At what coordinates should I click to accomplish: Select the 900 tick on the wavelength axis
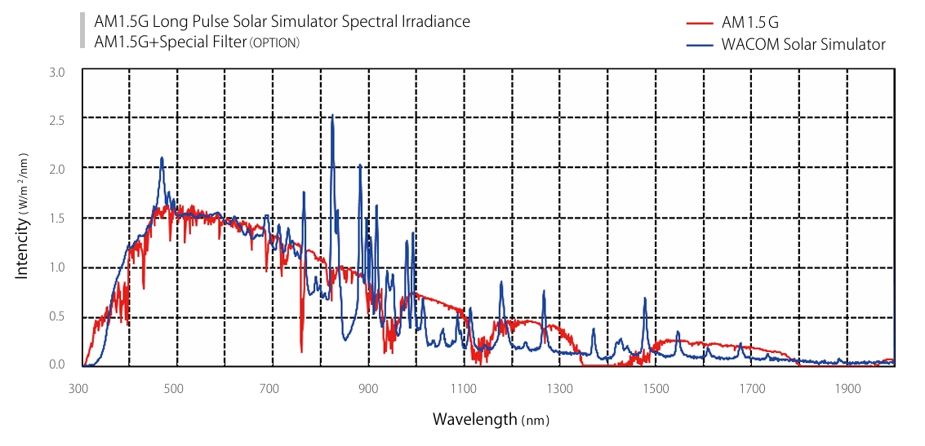tap(368, 388)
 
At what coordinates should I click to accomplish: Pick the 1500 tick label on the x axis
tap(656, 388)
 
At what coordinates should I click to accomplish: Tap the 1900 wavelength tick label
tap(848, 388)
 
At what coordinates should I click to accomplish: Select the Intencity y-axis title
tap(22, 216)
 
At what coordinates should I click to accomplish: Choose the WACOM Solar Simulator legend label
tap(803, 45)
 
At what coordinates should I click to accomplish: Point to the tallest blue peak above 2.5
tap(332, 116)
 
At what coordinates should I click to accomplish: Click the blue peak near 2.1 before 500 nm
tap(162, 158)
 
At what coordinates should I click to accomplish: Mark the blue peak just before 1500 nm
tap(645, 298)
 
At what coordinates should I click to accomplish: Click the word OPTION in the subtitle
tap(274, 42)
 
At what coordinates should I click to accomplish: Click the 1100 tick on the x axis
tap(465, 388)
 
